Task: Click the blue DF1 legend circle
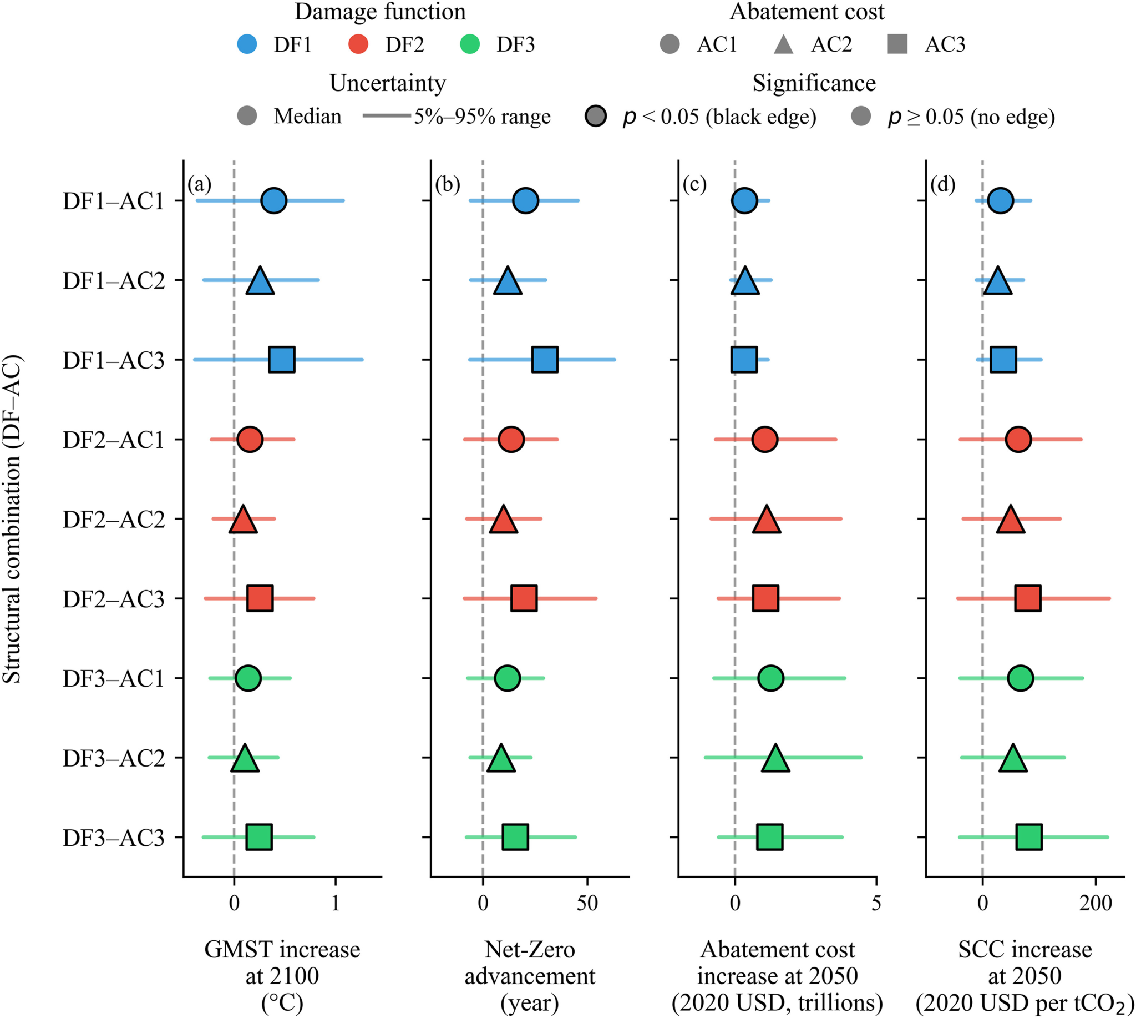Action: (247, 44)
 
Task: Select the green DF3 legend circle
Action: (470, 44)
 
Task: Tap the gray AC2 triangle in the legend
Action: (784, 44)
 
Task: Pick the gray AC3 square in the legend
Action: (897, 44)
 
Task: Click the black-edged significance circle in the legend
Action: (596, 117)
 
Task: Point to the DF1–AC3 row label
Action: (114, 360)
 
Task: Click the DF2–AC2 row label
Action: (114, 520)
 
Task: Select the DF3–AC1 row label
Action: (114, 678)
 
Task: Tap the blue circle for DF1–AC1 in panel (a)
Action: (274, 201)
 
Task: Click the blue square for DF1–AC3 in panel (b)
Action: (545, 360)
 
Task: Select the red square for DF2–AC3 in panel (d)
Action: (1028, 598)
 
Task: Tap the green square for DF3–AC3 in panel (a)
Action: (260, 838)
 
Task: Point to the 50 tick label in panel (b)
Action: (587, 903)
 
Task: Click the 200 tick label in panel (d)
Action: (1096, 903)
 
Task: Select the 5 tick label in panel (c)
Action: (876, 903)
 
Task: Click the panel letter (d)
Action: (943, 184)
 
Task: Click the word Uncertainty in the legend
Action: (387, 83)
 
